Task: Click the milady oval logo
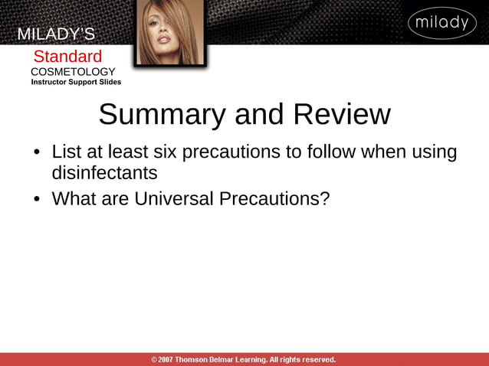coord(442,23)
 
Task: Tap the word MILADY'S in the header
coord(56,34)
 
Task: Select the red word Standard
coord(67,57)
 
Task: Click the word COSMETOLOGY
coord(73,71)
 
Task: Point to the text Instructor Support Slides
coord(76,82)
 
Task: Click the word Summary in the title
coord(162,115)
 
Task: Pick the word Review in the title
coord(342,115)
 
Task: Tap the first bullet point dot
coord(36,152)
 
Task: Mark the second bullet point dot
coord(36,199)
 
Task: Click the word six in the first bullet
coord(173,152)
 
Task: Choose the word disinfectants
coord(104,172)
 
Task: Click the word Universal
coord(173,198)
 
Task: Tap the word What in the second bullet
coord(74,198)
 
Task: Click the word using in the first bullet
coord(435,152)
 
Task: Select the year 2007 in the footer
coord(165,359)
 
